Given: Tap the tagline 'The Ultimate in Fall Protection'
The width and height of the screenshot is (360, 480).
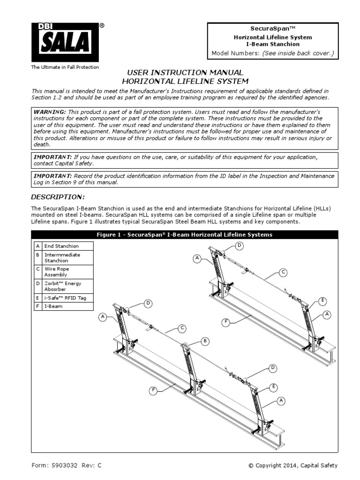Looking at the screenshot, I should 65,67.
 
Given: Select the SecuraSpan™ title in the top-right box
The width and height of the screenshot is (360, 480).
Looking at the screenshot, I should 273,29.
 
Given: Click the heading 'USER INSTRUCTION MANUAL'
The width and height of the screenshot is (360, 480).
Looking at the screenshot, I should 182,73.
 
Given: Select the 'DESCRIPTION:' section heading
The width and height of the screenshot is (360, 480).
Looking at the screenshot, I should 58,196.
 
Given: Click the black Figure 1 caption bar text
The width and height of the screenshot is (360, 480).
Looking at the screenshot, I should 184,234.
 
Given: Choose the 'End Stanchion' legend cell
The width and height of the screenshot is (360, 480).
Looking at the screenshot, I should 61,246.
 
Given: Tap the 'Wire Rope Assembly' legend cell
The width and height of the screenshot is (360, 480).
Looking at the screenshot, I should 56,272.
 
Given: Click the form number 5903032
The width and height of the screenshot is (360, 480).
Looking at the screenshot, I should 66,465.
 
